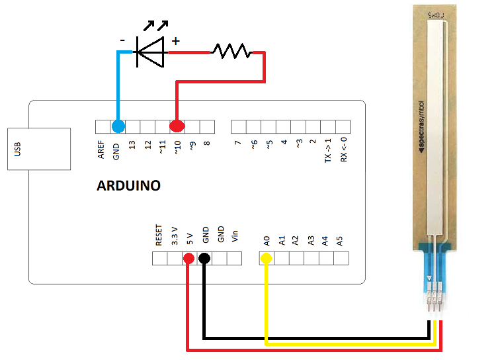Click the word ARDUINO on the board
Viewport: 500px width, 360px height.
(128, 186)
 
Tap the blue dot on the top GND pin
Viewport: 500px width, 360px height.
(118, 126)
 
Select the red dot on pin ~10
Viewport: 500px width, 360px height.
(177, 126)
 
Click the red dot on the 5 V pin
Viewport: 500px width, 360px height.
(188, 258)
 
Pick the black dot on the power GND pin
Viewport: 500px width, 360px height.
(204, 258)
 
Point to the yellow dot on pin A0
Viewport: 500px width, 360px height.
(267, 258)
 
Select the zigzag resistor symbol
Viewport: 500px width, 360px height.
(231, 51)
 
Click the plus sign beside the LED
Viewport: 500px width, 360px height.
(176, 41)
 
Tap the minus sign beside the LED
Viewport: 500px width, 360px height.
(122, 40)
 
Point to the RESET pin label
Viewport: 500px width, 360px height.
(159, 236)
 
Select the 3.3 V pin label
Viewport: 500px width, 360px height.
(175, 236)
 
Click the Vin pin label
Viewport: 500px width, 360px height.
(235, 237)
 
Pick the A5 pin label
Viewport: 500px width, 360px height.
(340, 240)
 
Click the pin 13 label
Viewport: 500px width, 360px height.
(132, 145)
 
